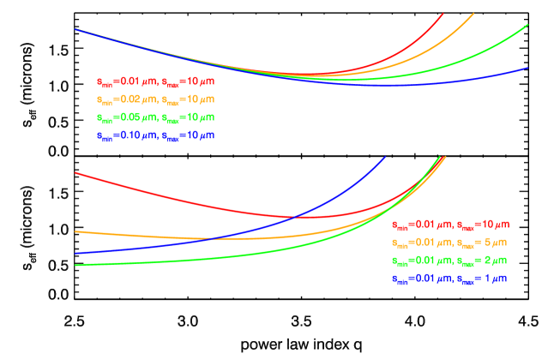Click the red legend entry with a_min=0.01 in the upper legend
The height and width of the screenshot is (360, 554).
[154, 82]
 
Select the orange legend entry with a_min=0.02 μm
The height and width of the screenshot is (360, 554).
[154, 99]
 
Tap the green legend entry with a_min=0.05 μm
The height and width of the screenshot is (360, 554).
[154, 117]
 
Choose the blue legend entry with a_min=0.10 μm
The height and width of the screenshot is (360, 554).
[154, 135]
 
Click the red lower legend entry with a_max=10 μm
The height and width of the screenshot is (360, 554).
[450, 225]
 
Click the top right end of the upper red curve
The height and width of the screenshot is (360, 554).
[443, 14]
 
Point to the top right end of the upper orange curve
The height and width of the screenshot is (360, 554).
[474, 14]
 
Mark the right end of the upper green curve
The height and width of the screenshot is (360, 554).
[527, 26]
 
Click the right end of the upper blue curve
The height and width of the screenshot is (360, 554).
[527, 67]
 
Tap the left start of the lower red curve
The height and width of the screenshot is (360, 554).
[76, 173]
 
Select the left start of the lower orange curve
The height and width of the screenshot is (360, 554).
[76, 231]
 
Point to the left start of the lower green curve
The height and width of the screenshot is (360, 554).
[76, 265]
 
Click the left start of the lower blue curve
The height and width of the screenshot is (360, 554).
[76, 254]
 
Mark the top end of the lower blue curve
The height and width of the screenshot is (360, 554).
[385, 157]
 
